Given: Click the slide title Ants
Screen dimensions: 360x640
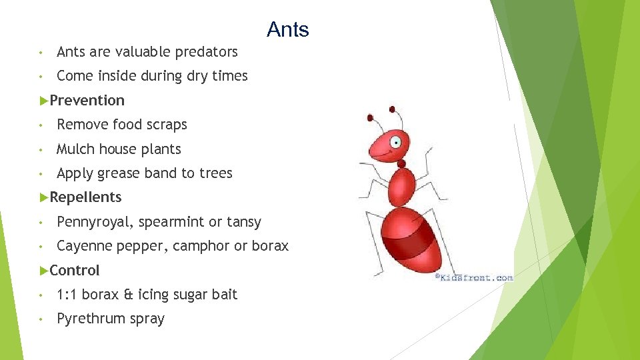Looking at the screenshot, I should click(287, 30).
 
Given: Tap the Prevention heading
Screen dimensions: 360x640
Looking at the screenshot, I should click(87, 101).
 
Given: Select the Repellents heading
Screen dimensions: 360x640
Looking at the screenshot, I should click(85, 197).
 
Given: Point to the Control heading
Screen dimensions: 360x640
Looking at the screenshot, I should click(74, 271).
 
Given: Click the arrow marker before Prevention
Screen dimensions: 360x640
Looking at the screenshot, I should click(44, 101).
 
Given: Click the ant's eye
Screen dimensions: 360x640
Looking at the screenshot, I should click(396, 141).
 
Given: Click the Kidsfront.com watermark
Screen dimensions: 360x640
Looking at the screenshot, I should click(474, 277).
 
